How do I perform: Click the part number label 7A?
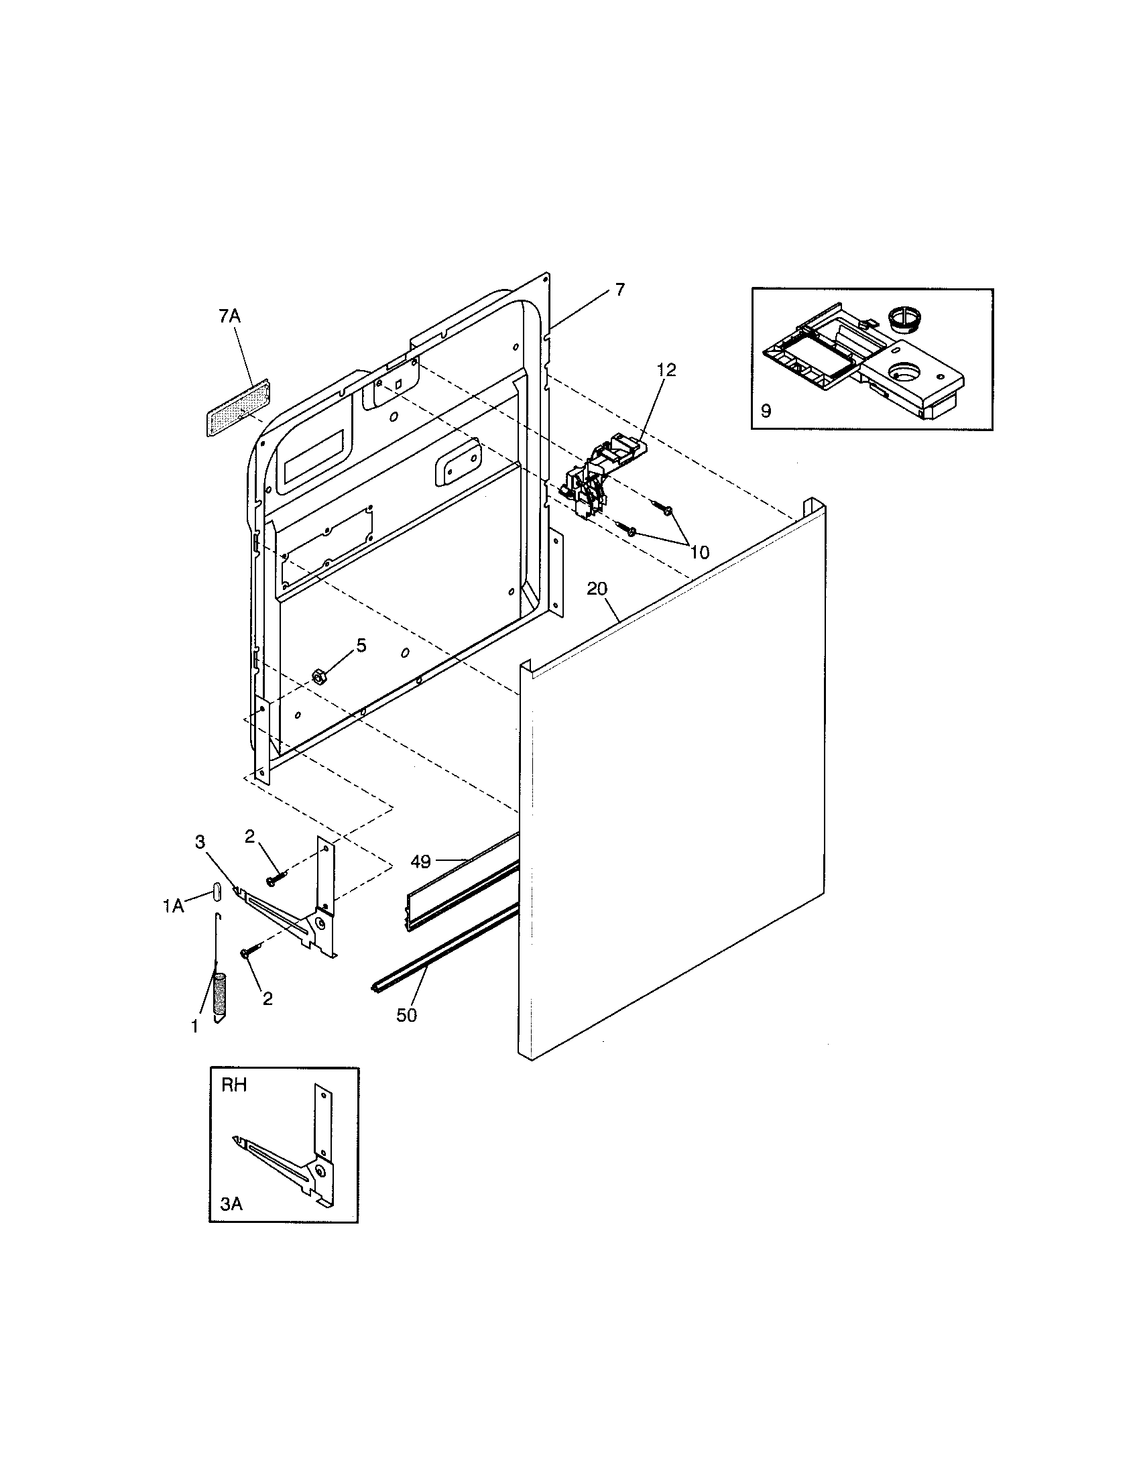pyautogui.click(x=229, y=316)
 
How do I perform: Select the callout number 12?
pyautogui.click(x=666, y=369)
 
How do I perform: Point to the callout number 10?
pyautogui.click(x=699, y=552)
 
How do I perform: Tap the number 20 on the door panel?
pyautogui.click(x=597, y=588)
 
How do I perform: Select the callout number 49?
pyautogui.click(x=420, y=861)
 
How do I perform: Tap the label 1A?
pyautogui.click(x=173, y=906)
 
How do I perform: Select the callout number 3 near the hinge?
pyautogui.click(x=200, y=841)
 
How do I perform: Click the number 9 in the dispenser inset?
pyautogui.click(x=766, y=410)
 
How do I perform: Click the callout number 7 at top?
pyautogui.click(x=619, y=290)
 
